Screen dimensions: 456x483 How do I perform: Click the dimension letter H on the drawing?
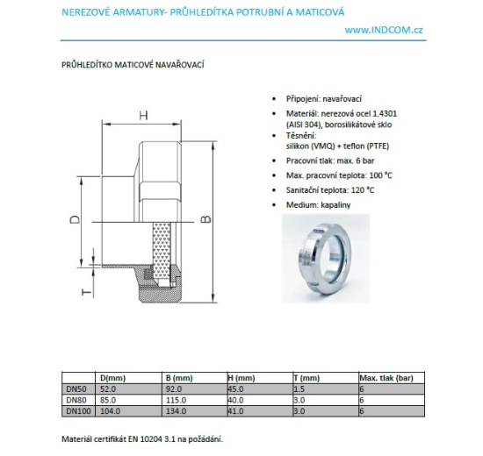(144, 115)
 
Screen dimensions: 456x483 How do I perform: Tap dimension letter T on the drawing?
(83, 293)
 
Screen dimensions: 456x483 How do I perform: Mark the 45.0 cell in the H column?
(236, 387)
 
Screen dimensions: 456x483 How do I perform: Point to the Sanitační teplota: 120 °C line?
(330, 190)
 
